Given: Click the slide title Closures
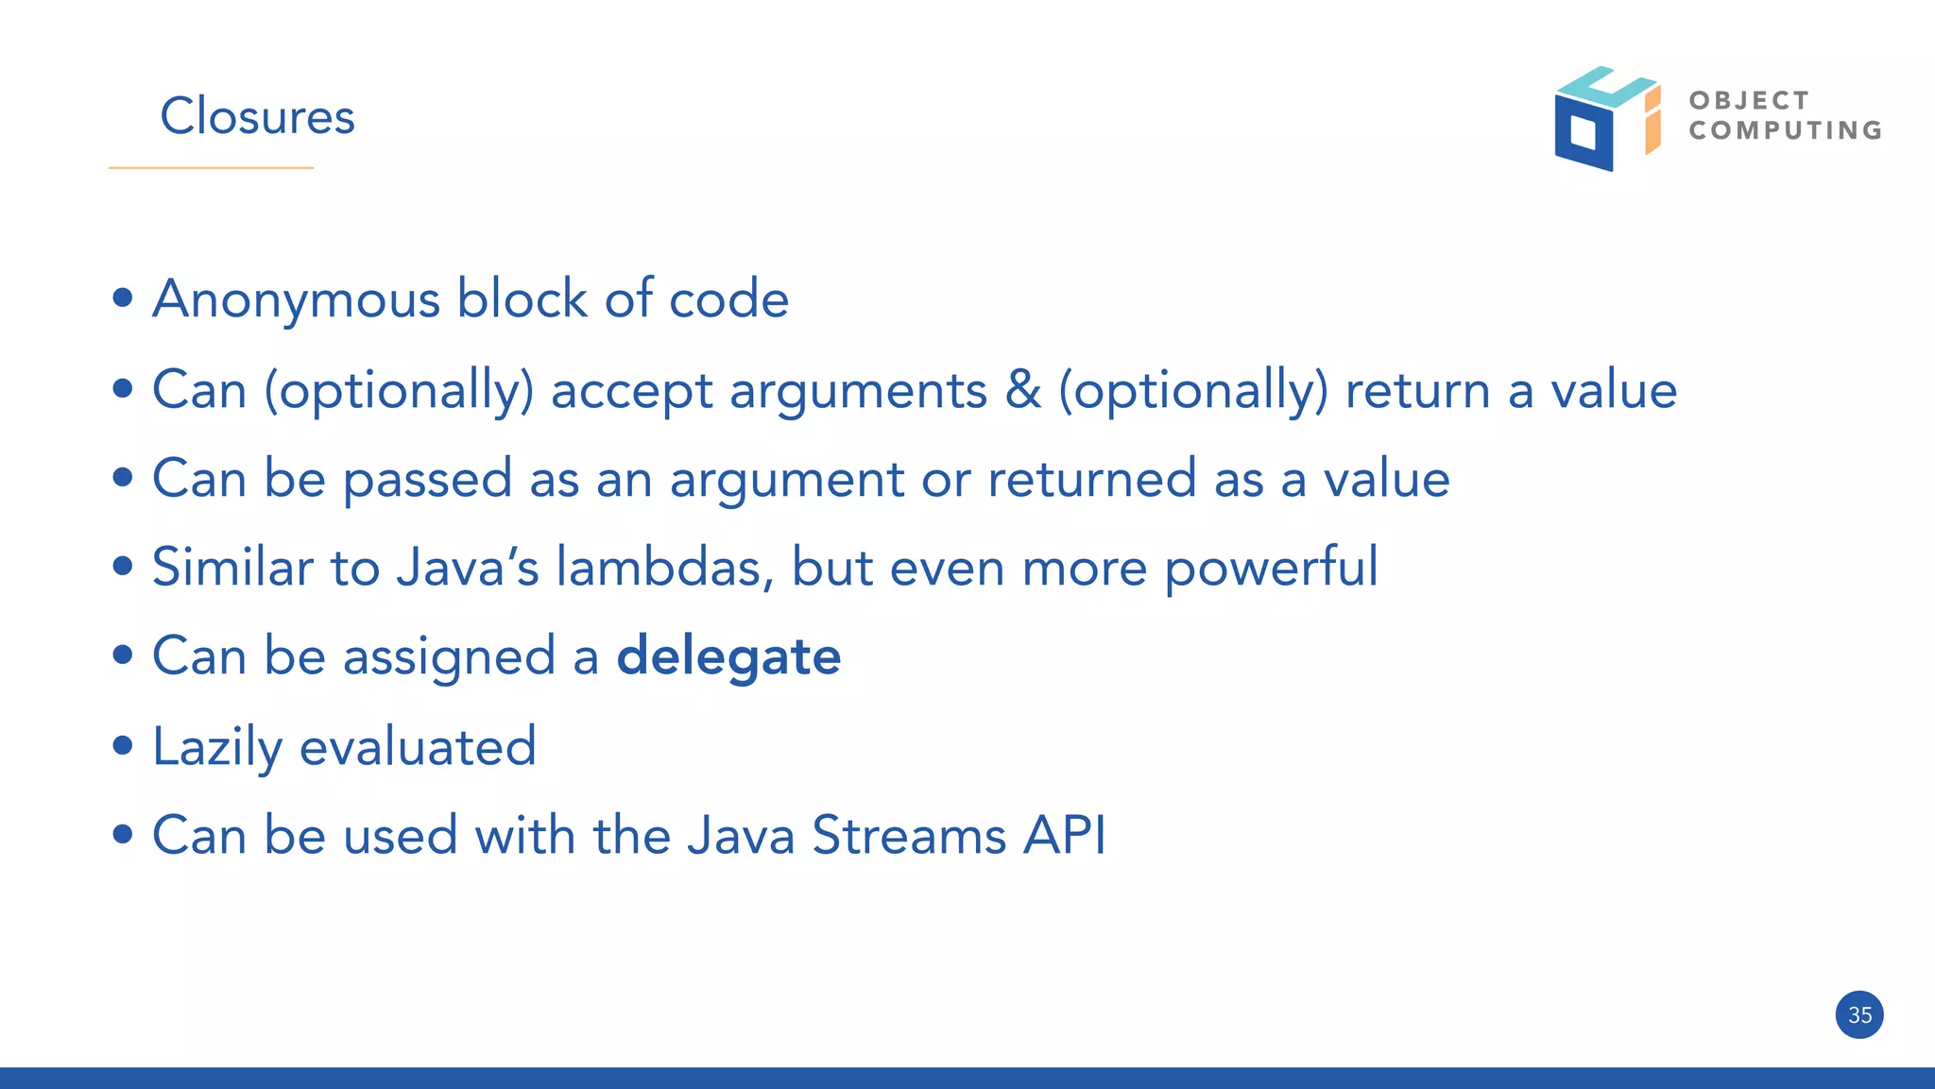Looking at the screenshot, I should (257, 116).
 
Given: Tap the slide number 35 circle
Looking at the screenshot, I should (1859, 1015).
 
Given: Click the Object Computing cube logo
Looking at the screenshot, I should (1606, 119).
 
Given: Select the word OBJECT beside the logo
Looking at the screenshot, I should (1749, 100).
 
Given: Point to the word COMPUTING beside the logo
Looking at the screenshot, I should (1786, 130).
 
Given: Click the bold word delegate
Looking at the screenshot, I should (728, 656).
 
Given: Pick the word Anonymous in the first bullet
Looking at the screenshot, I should (297, 299).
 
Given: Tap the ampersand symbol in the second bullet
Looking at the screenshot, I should (1022, 389).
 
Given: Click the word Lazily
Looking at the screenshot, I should (217, 747).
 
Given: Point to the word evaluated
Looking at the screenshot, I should (418, 747).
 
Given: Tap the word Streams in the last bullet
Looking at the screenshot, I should (909, 836).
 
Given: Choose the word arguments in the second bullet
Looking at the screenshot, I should (858, 391).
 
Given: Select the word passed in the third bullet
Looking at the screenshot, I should (427, 480).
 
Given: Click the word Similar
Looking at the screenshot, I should (232, 567).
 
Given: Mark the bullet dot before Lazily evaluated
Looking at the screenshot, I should (122, 746).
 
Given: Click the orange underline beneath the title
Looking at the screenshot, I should (211, 168).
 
